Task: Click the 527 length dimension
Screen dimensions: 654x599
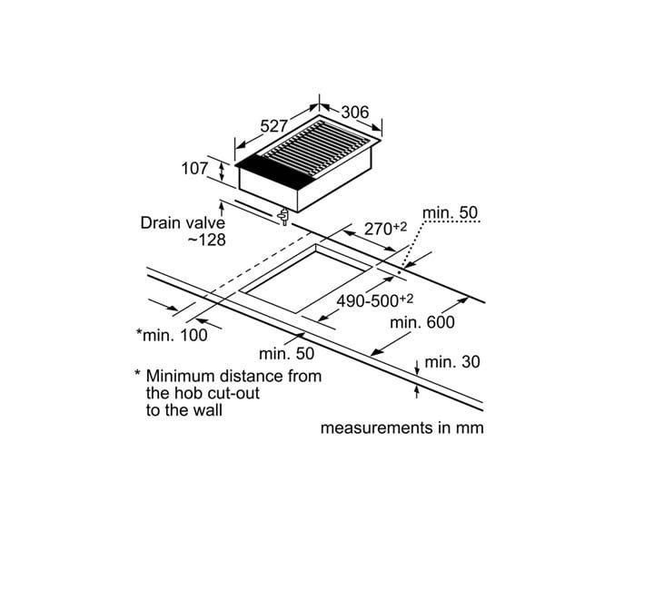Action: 273,125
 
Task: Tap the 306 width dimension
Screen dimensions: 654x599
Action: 355,113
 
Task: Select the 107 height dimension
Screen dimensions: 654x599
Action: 194,169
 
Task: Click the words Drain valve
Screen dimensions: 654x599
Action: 183,223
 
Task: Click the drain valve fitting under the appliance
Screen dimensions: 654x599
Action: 283,216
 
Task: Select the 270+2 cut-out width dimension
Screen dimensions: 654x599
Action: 385,229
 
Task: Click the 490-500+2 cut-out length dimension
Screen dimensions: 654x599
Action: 375,300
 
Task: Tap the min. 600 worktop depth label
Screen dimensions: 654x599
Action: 422,322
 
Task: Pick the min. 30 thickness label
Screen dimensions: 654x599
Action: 452,362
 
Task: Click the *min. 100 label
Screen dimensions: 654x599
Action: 172,335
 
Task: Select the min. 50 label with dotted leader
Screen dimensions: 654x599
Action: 450,212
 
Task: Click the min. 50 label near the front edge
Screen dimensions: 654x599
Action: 286,353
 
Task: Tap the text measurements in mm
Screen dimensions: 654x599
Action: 402,428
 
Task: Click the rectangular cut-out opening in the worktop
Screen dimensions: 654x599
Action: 307,280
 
